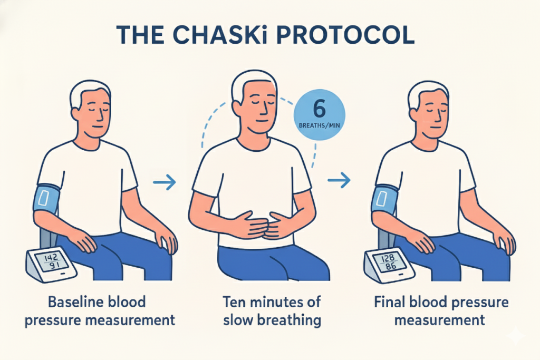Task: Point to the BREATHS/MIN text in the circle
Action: click(319, 125)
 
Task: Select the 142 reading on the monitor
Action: click(51, 257)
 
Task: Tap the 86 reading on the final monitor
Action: click(391, 267)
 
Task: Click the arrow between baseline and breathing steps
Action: click(165, 182)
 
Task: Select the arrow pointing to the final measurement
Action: click(339, 180)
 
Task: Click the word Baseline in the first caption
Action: click(73, 302)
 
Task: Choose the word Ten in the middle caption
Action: click(234, 302)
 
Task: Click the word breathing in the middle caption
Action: click(289, 320)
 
